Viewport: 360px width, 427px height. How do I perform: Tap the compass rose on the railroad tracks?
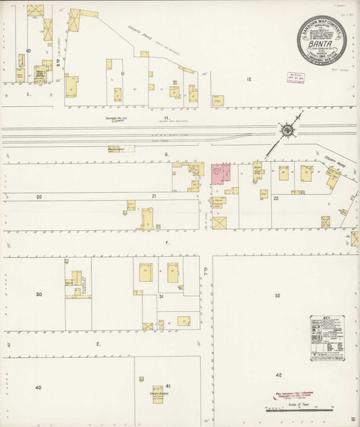[286, 130]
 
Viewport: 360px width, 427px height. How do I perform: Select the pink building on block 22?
[221, 174]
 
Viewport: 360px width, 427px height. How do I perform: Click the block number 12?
[249, 79]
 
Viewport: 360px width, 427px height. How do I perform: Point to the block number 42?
[280, 374]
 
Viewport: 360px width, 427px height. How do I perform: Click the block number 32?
[277, 295]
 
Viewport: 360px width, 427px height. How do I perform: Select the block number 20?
[39, 196]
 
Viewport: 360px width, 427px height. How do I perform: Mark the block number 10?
[28, 51]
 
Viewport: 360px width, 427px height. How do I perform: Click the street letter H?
[165, 118]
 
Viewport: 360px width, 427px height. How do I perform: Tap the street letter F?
[168, 243]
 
